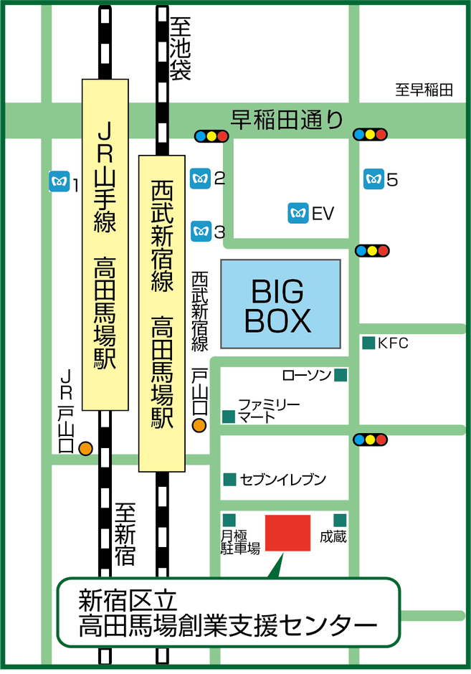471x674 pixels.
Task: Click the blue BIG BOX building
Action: (x=280, y=305)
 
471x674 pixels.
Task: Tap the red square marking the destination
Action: (x=288, y=533)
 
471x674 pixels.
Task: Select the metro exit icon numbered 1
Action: (x=58, y=182)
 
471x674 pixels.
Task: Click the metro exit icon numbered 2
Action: (x=200, y=178)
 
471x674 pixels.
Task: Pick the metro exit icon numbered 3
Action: (x=200, y=231)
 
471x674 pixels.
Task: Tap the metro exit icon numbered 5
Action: (x=373, y=179)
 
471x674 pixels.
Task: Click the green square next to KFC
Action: (x=368, y=343)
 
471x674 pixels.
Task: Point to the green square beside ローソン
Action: (x=341, y=374)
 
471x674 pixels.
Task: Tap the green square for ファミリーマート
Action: (x=229, y=416)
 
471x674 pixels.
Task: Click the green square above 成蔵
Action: (x=340, y=520)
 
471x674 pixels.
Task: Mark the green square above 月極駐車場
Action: (x=229, y=520)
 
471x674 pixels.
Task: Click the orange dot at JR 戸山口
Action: (x=85, y=448)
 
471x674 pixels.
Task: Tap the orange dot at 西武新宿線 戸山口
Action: (x=199, y=426)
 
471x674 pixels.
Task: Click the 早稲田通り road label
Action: (x=287, y=118)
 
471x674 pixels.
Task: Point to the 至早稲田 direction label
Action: (x=424, y=90)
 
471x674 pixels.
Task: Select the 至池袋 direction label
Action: (x=180, y=49)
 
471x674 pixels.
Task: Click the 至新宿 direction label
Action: (x=125, y=533)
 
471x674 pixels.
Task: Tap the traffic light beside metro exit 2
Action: (x=211, y=136)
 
